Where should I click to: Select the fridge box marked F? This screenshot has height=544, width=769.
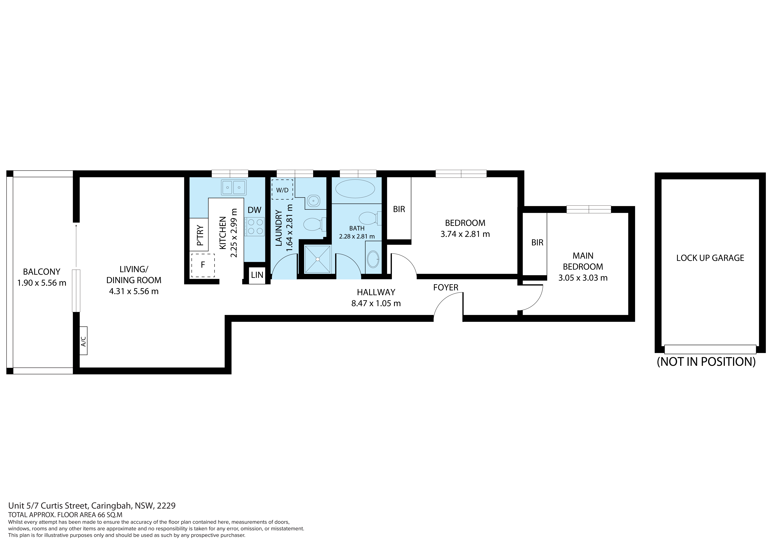click(x=203, y=265)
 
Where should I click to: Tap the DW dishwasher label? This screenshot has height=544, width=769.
click(x=255, y=210)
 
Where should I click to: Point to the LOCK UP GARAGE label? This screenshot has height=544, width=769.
click(x=710, y=258)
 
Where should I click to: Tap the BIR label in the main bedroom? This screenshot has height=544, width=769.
click(x=537, y=242)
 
